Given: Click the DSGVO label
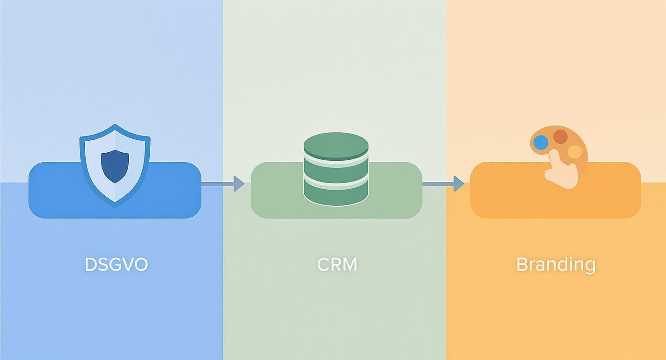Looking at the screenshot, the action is coord(116,265).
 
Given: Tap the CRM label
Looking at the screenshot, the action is coord(337,265).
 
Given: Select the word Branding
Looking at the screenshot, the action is coord(556,265).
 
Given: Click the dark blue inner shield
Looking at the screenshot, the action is coord(115,166).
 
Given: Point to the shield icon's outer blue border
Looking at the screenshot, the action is coord(115,165).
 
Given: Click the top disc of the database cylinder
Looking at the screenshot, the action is coord(336,146).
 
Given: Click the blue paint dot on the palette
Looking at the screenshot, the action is coord(541,143).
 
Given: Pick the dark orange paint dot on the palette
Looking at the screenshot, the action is coord(560,136).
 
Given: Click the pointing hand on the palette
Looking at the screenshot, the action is coord(561,169).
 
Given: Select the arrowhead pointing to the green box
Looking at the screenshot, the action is coord(239,184).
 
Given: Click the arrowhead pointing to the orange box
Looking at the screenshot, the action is coord(459,184).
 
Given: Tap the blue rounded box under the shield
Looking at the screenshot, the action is coord(115,191).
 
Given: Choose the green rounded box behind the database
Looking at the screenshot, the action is coord(336,191).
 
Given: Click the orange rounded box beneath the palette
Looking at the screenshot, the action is coord(555,191).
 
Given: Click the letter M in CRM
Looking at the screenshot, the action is coord(350,265).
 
